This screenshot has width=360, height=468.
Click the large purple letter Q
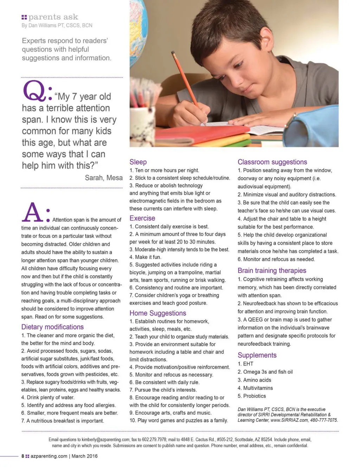pos(34,91)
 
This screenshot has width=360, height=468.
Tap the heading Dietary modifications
pos(52,327)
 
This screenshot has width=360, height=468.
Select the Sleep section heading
pos(138,162)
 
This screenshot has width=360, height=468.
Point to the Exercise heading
pos(142,218)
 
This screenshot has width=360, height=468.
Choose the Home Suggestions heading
pos(157,313)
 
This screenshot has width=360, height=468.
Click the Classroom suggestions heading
pos(272,162)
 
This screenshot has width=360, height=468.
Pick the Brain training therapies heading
pos(272,271)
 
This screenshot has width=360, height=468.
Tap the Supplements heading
pos(257,355)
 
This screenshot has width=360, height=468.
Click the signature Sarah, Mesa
pos(104,178)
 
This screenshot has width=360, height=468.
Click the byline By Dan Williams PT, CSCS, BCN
pos(57,25)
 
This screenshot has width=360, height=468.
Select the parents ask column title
pos(53,17)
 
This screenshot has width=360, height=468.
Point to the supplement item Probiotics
pos(254,396)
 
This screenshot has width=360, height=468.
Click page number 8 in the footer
pos(23,456)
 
